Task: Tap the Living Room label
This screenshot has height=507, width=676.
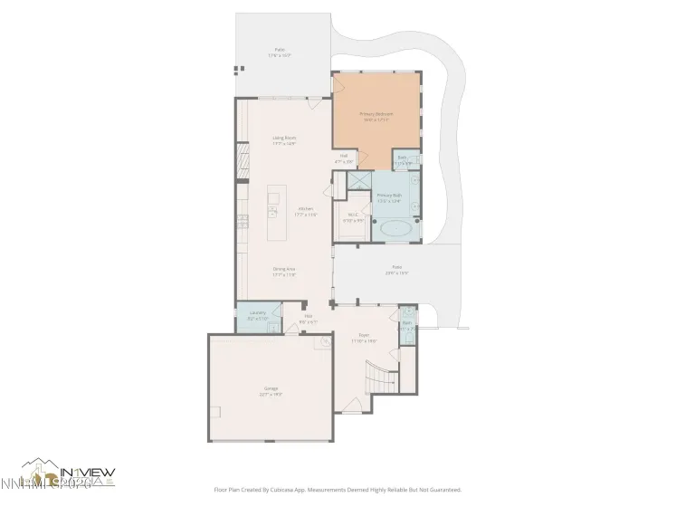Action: [285, 140]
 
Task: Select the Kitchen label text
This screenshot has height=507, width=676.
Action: [306, 212]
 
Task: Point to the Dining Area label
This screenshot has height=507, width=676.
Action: [285, 271]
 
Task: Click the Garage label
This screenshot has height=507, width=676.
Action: [271, 391]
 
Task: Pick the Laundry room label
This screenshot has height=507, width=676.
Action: [256, 316]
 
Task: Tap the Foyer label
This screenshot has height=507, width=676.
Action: [364, 339]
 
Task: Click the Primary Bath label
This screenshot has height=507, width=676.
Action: [389, 197]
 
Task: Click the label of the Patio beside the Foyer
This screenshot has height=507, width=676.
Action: [397, 270]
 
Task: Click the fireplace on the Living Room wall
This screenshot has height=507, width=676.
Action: [242, 165]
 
